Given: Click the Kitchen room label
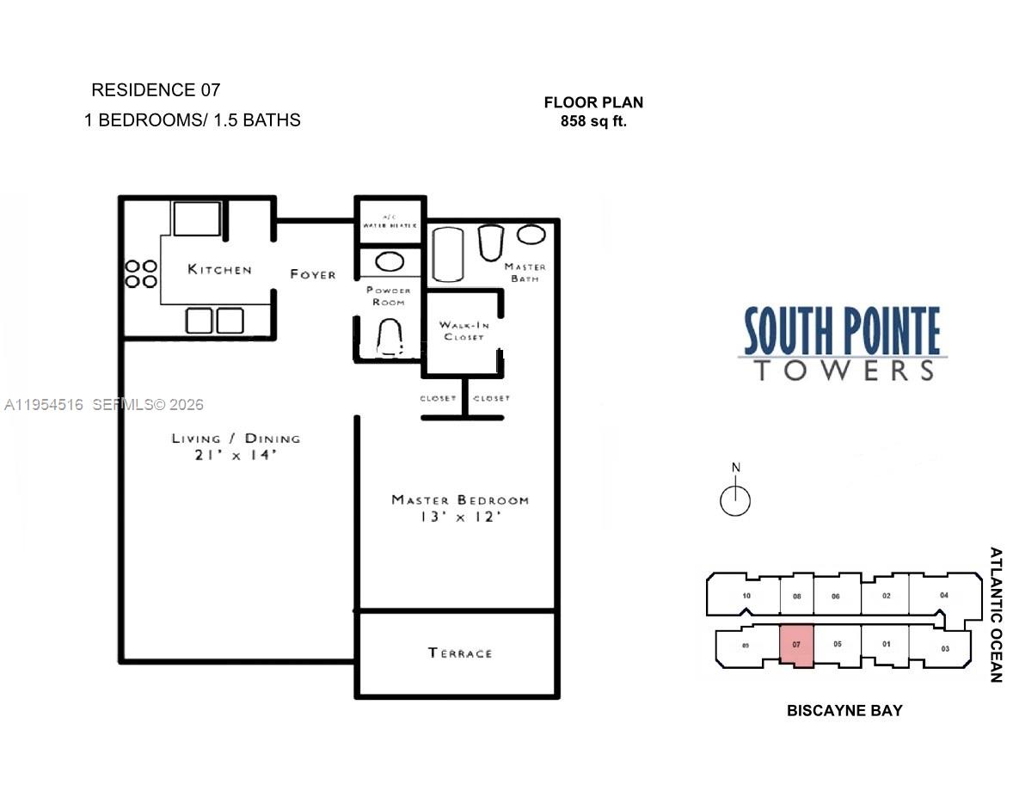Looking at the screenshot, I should tap(219, 270).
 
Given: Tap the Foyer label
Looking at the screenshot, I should tap(313, 274).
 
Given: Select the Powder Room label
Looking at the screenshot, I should tap(389, 296).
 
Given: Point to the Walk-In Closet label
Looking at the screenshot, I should tap(463, 330).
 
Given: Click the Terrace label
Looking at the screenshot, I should tap(460, 653).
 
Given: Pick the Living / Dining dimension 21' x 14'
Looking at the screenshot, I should tap(235, 456).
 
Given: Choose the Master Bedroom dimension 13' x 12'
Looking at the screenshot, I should tap(459, 518).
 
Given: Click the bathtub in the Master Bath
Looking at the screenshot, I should tap(447, 254).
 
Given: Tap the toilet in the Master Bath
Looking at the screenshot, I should tap(490, 242).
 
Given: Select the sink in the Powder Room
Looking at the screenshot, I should tap(391, 262).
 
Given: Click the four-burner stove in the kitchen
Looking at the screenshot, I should tap(141, 273).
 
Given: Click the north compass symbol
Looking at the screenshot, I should tap(735, 499).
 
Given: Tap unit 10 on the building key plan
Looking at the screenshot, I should tap(746, 596).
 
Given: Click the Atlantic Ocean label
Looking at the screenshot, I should tap(996, 615).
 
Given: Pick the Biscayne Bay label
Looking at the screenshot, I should tap(844, 711).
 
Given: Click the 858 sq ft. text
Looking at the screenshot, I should tap(593, 121).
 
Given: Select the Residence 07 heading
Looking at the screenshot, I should tap(156, 89).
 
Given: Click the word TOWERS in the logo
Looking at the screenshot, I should tap(843, 371).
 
